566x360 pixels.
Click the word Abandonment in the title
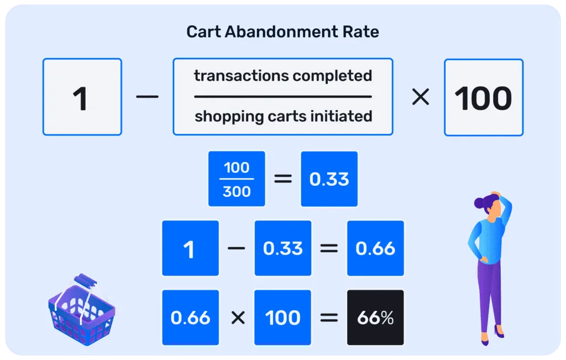pyautogui.click(x=281, y=32)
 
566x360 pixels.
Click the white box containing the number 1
pyautogui.click(x=82, y=97)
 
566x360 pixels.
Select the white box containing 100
pyautogui.click(x=484, y=97)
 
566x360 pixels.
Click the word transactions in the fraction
pyautogui.click(x=242, y=76)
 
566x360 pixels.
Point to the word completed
pyautogui.click(x=332, y=76)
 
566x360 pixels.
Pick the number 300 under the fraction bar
pyautogui.click(x=237, y=191)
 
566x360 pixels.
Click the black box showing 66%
pyautogui.click(x=375, y=317)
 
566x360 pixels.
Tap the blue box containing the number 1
pyautogui.click(x=190, y=248)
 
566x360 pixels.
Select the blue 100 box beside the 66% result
pyautogui.click(x=282, y=317)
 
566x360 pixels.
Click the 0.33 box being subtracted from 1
pyautogui.click(x=282, y=248)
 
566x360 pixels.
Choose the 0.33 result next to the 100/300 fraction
pyautogui.click(x=329, y=179)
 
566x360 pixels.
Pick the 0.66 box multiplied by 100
pyautogui.click(x=190, y=317)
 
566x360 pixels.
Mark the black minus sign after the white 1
pyautogui.click(x=147, y=97)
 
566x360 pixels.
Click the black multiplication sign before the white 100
pyautogui.click(x=421, y=97)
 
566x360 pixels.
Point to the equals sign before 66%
pyautogui.click(x=329, y=318)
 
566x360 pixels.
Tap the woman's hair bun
pyautogui.click(x=479, y=203)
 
